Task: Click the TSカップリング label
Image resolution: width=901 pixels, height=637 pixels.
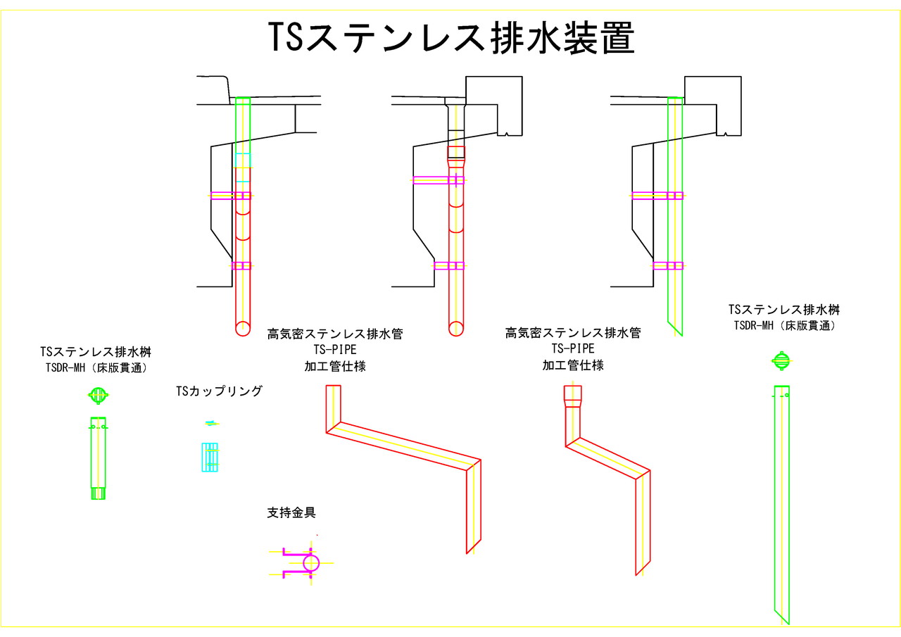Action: coord(219,391)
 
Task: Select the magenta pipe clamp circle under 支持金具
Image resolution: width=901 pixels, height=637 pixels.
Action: coord(311,562)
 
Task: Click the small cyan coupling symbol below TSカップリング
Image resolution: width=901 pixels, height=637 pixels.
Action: coord(209,457)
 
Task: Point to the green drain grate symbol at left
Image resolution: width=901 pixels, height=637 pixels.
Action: coord(98,395)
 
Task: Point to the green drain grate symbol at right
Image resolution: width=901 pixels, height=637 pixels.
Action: coord(781,360)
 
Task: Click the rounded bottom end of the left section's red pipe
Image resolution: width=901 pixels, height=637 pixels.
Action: coord(242,327)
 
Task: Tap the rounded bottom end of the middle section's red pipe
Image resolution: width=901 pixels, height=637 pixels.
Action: coord(456,329)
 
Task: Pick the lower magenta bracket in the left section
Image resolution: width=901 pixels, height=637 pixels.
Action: coord(241,265)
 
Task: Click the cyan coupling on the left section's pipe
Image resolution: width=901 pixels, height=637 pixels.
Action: coord(242,168)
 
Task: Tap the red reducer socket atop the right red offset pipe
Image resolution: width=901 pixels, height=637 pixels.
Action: coord(572,396)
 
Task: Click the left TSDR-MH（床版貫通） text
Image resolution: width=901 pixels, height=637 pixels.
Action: coord(96,367)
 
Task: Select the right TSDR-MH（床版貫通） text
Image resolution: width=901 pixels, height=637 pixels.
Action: coord(784,325)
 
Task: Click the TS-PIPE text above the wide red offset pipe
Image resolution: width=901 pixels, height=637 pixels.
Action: coord(335,349)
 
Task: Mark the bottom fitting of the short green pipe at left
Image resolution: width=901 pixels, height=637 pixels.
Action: coord(98,493)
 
